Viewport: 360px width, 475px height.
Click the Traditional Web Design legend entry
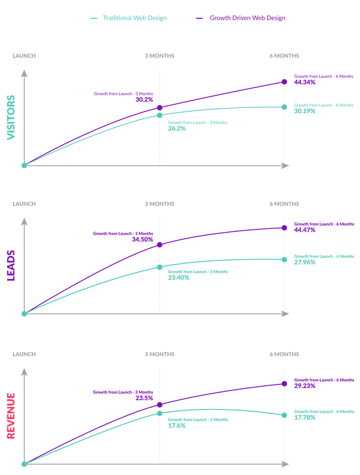pyautogui.click(x=128, y=18)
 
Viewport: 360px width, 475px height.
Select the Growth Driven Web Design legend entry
pyautogui.click(x=241, y=18)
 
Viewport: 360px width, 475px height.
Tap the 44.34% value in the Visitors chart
pyautogui.click(x=305, y=82)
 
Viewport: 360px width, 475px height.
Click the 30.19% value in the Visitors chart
pyautogui.click(x=305, y=111)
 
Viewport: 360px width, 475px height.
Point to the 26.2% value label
pyautogui.click(x=177, y=128)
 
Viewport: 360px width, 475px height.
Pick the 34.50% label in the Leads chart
pyautogui.click(x=143, y=239)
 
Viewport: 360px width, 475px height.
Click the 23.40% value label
pyautogui.click(x=179, y=277)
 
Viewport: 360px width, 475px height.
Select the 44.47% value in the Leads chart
pyautogui.click(x=305, y=230)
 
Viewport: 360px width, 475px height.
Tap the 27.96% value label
pyautogui.click(x=305, y=262)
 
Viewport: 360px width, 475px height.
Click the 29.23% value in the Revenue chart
pyautogui.click(x=305, y=386)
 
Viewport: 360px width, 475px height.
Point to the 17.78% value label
pyautogui.click(x=305, y=417)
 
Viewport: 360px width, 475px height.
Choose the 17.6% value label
pyautogui.click(x=177, y=425)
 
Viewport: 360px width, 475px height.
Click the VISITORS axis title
pyautogui.click(x=11, y=117)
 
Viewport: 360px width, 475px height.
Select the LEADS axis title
pyautogui.click(x=11, y=266)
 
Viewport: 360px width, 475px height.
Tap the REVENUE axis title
pyautogui.click(x=11, y=416)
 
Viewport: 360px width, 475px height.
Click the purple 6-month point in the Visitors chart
pyautogui.click(x=284, y=82)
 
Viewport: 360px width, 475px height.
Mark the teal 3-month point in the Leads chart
pyautogui.click(x=159, y=267)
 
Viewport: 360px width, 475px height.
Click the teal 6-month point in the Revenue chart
pyautogui.click(x=284, y=415)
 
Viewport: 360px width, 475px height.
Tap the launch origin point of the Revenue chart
pyautogui.click(x=24, y=464)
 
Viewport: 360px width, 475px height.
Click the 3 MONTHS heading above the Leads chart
pyautogui.click(x=159, y=204)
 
